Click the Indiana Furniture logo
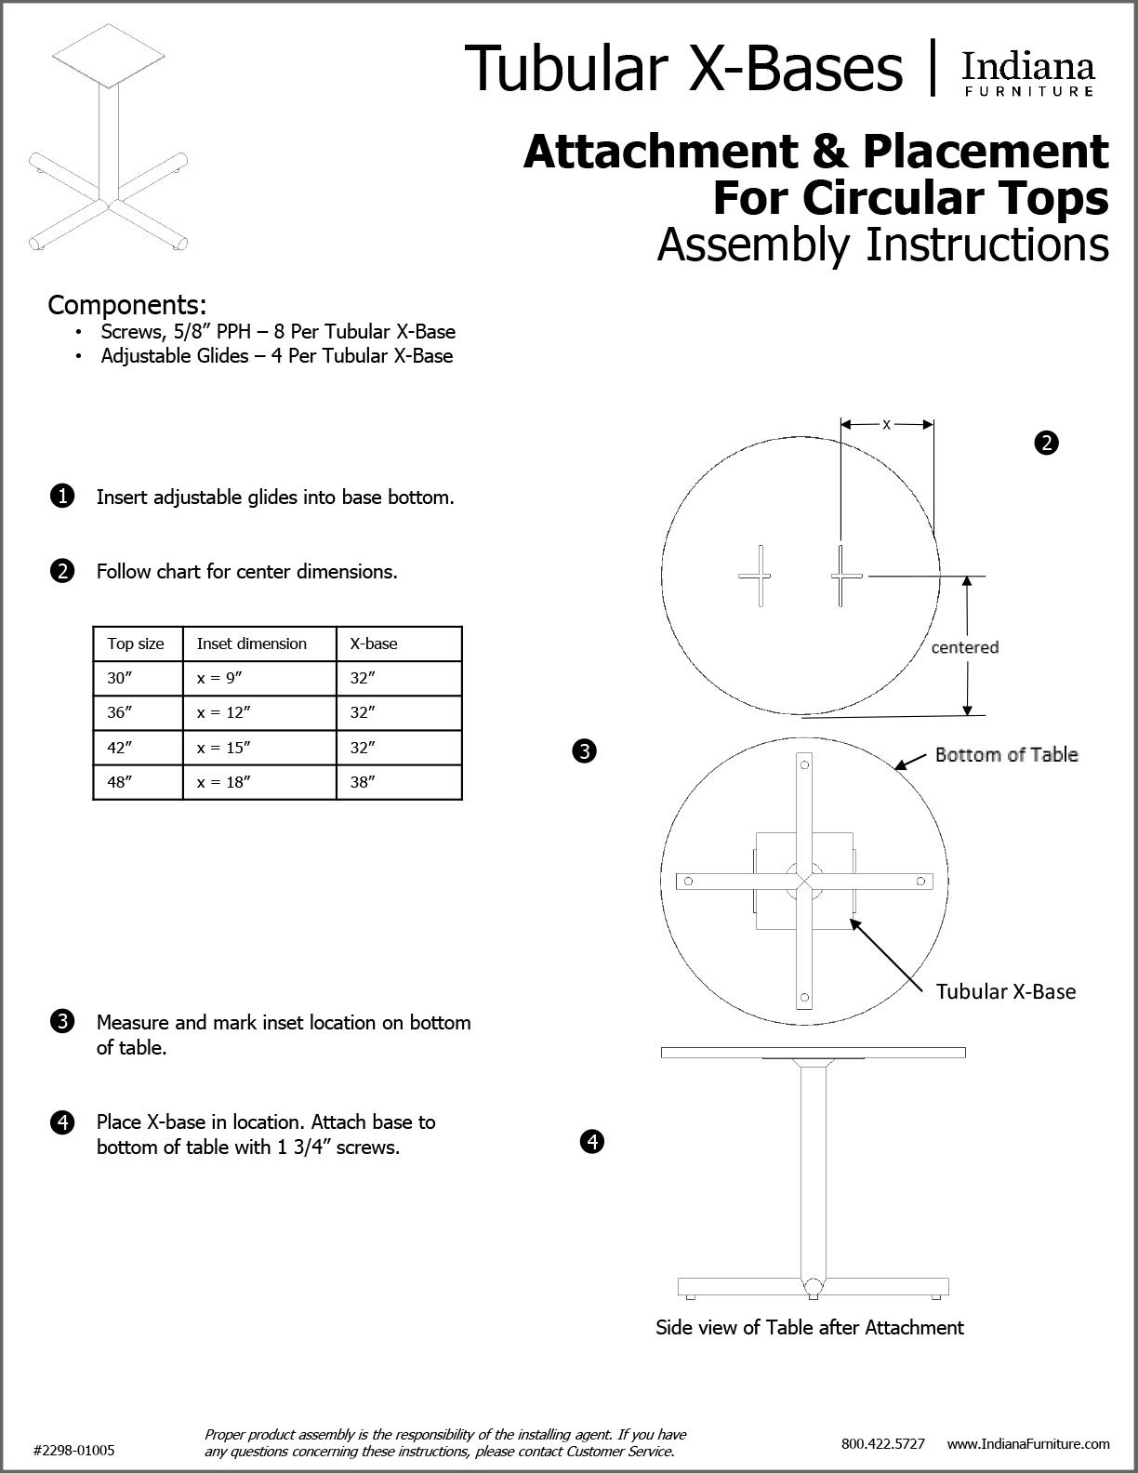[1027, 73]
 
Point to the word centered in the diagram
[964, 647]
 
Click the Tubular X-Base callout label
[1005, 991]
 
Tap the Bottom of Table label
[1006, 754]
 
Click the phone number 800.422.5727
[882, 1443]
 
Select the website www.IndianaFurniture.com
[1028, 1443]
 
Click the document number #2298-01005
[74, 1450]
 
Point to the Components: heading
[126, 305]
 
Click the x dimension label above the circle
[886, 424]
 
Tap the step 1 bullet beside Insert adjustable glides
[61, 497]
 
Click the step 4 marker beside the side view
[591, 1141]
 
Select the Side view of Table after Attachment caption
[809, 1327]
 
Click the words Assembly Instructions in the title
[882, 245]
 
